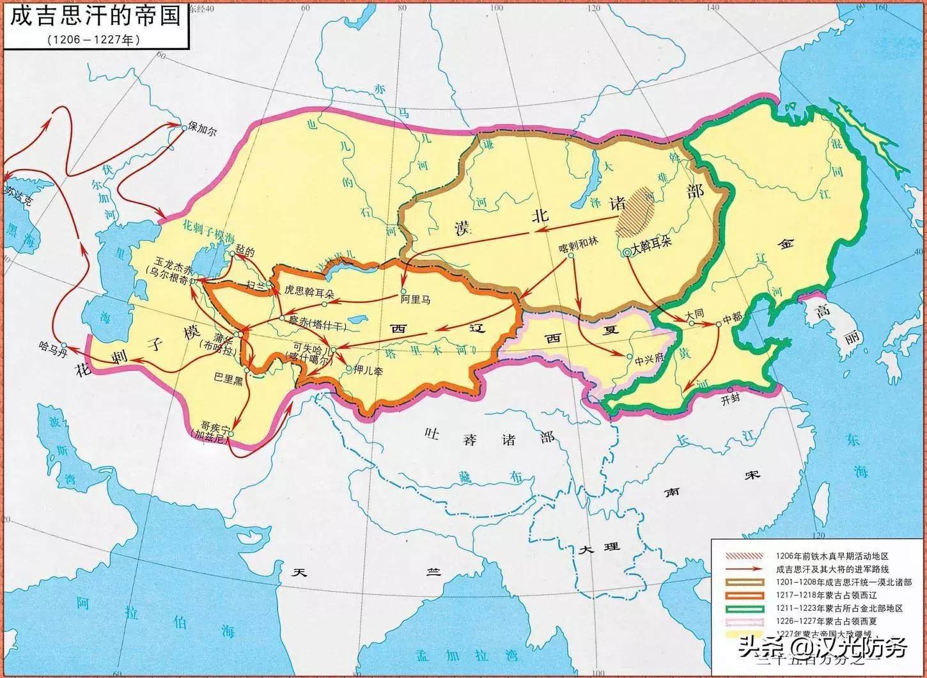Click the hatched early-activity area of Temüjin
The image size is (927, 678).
[635, 210]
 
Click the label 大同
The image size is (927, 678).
[694, 315]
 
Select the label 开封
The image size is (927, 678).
[729, 400]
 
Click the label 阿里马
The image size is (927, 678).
[415, 299]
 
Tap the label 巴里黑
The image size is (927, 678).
[229, 379]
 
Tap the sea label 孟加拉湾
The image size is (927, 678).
[452, 656]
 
